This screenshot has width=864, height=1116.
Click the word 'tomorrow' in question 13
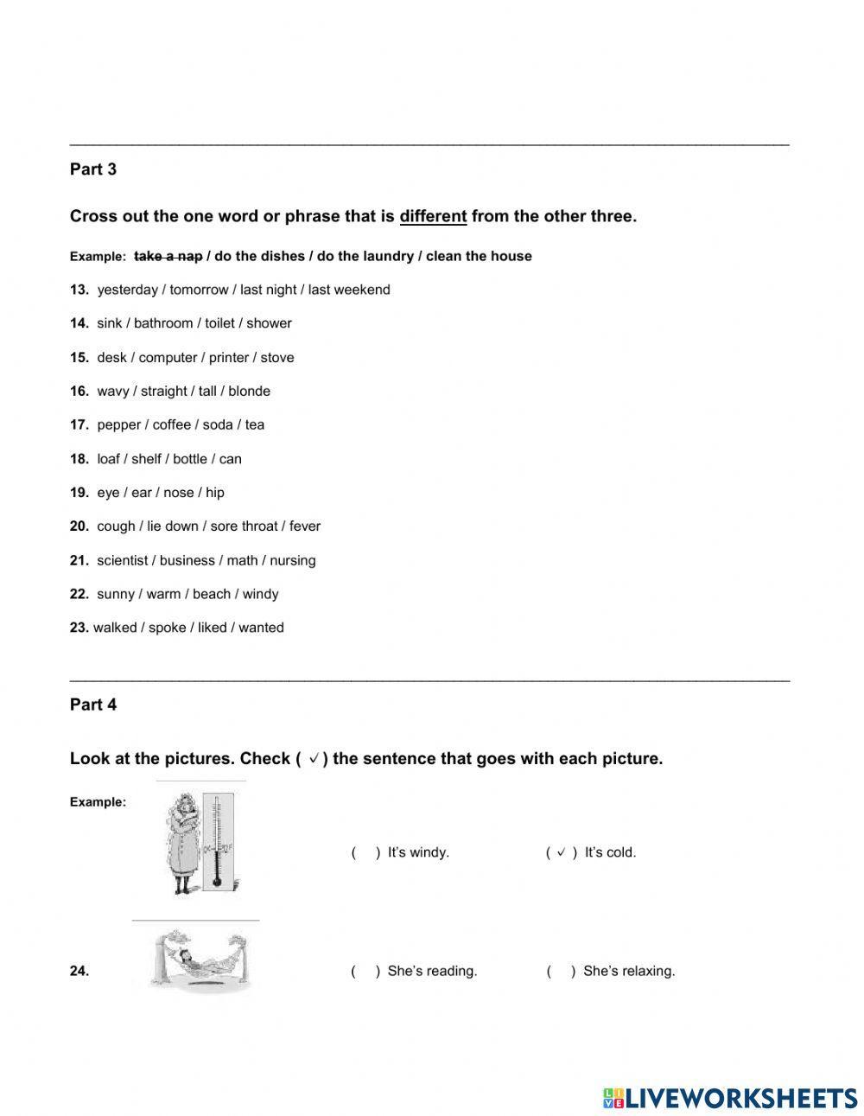coord(199,290)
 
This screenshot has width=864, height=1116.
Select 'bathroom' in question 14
coord(163,323)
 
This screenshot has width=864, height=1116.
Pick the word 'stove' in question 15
coord(277,357)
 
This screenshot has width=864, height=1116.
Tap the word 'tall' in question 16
coord(207,391)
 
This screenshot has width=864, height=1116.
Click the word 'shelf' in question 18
coord(146,459)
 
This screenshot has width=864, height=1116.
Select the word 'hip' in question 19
coord(215,493)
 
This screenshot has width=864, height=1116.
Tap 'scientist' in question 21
coord(123,560)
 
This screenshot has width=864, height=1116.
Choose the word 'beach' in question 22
coord(212,594)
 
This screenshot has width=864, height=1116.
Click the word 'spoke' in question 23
coord(167,628)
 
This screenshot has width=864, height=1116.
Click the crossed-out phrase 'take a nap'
coord(168,256)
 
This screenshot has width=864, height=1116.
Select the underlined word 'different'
coord(433,216)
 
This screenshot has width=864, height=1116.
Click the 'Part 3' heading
coord(93,169)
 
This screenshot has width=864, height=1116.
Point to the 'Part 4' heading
coord(93,705)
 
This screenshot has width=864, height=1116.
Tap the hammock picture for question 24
coord(200,959)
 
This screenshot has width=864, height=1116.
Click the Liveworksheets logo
coord(730,1098)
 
